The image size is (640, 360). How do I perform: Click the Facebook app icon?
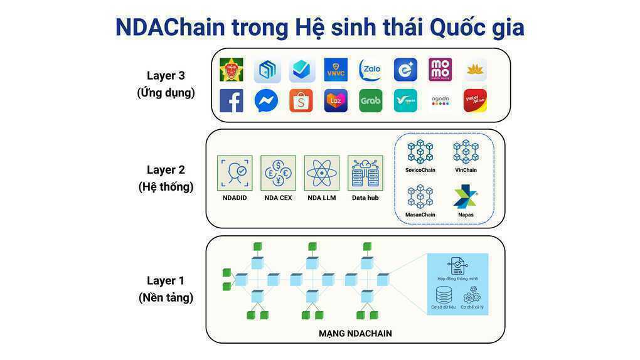(x=232, y=100)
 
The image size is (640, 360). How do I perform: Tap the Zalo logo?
(x=370, y=70)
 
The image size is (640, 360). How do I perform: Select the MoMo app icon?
(x=440, y=70)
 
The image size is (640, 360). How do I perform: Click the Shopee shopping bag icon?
(x=301, y=100)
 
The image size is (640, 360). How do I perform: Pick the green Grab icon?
(x=370, y=100)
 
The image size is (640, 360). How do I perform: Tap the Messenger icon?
(x=266, y=100)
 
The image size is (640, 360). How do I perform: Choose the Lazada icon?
(x=336, y=100)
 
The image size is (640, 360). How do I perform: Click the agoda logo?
(x=440, y=100)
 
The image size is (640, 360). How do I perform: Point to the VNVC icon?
(x=336, y=70)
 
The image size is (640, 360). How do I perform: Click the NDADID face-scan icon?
(x=235, y=172)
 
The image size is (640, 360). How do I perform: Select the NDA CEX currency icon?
(x=278, y=172)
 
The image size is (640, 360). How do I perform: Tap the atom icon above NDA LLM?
(x=321, y=172)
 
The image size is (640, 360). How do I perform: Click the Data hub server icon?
(x=365, y=172)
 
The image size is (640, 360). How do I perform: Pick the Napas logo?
(x=466, y=196)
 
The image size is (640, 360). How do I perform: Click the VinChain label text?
(x=466, y=170)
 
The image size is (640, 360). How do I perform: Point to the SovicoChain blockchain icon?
(x=420, y=152)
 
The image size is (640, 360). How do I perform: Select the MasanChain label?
(x=420, y=215)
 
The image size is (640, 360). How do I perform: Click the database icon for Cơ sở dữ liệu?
(x=444, y=294)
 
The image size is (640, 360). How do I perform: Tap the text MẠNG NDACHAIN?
(x=355, y=334)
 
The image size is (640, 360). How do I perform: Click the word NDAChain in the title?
(x=170, y=28)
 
